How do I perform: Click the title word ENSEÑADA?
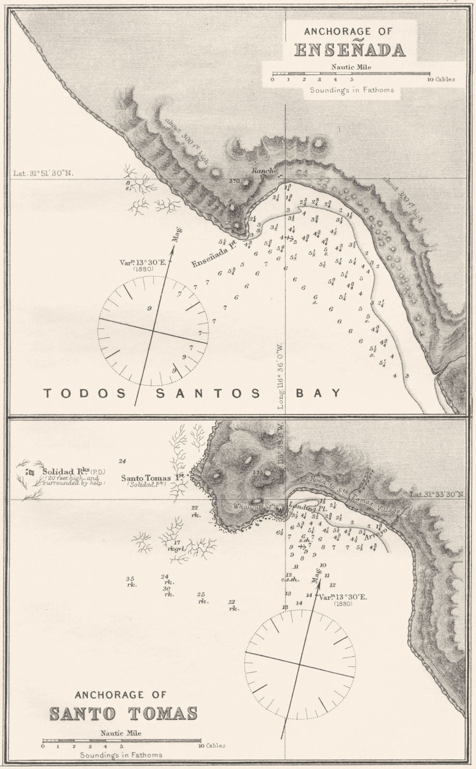tap(349, 50)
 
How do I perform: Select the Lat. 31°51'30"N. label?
tap(43, 174)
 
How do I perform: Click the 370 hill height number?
tap(235, 181)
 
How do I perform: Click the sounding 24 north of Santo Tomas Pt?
tap(123, 461)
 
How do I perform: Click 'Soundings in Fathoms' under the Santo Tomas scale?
tap(121, 755)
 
